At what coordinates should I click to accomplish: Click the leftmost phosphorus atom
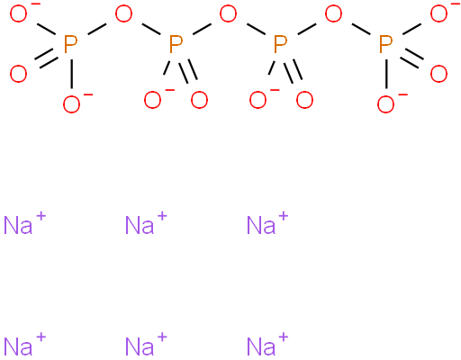tap(71, 44)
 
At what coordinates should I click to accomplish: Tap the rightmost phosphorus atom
tap(386, 44)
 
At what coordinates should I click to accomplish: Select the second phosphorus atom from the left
tap(176, 44)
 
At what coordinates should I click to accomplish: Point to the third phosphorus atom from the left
tap(281, 44)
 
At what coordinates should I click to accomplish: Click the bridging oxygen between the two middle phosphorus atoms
tap(228, 14)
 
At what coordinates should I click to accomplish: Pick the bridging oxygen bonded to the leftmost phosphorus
tap(123, 14)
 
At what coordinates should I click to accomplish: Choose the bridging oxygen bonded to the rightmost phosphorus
tap(333, 14)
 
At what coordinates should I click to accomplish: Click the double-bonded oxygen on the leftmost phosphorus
tap(18, 74)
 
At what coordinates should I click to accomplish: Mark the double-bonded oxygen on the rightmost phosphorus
tap(438, 74)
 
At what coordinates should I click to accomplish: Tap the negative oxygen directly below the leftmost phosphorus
tap(71, 104)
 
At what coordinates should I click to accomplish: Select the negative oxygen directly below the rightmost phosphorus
tap(385, 104)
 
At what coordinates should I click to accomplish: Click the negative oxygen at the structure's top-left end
tap(18, 14)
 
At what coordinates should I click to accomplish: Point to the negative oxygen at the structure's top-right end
tap(438, 14)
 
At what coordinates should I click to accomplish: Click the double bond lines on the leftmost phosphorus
tap(47, 59)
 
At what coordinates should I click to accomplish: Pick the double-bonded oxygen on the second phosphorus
tap(199, 100)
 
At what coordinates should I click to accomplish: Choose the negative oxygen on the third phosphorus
tap(258, 100)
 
